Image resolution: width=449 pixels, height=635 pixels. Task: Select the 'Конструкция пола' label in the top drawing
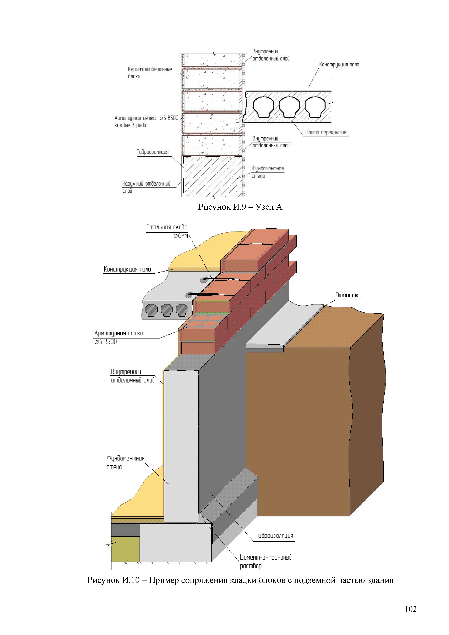(x=339, y=65)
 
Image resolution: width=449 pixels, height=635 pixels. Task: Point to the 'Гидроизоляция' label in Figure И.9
(x=152, y=152)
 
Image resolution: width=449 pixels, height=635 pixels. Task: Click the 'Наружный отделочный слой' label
(x=146, y=187)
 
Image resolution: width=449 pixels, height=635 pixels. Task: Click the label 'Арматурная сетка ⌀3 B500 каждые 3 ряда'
(x=146, y=121)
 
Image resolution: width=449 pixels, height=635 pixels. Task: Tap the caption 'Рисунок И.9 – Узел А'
(x=240, y=207)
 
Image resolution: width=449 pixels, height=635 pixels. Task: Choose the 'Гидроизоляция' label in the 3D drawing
(x=274, y=536)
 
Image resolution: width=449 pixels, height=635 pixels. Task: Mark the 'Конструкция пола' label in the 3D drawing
(x=127, y=269)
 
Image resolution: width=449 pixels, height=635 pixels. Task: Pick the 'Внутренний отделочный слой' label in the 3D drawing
(x=132, y=376)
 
